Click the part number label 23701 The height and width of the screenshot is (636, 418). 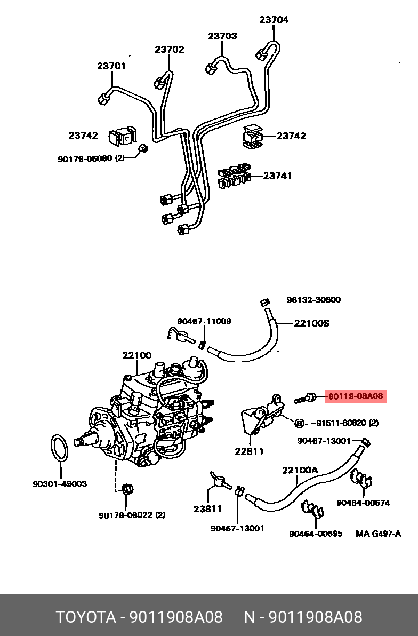pyautogui.click(x=111, y=66)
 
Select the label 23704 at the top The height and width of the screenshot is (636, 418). pyautogui.click(x=274, y=20)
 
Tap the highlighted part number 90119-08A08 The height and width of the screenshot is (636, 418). pyautogui.click(x=355, y=396)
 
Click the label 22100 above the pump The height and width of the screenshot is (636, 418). pyautogui.click(x=136, y=355)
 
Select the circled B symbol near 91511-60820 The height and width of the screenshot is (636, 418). pyautogui.click(x=300, y=423)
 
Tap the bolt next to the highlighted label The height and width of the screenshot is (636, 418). pyautogui.click(x=305, y=397)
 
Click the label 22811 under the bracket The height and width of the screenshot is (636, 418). pyautogui.click(x=249, y=451)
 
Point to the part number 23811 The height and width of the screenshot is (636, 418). pyautogui.click(x=207, y=509)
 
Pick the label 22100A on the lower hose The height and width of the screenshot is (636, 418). pyautogui.click(x=300, y=470)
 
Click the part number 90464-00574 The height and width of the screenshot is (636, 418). pyautogui.click(x=363, y=503)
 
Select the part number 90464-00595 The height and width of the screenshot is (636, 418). pyautogui.click(x=316, y=533)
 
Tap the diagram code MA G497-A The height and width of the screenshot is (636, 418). pyautogui.click(x=378, y=533)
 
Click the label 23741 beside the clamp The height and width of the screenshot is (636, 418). pyautogui.click(x=277, y=176)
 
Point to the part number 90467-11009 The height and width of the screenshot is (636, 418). pyautogui.click(x=204, y=321)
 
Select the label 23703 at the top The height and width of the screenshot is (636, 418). pyautogui.click(x=222, y=36)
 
